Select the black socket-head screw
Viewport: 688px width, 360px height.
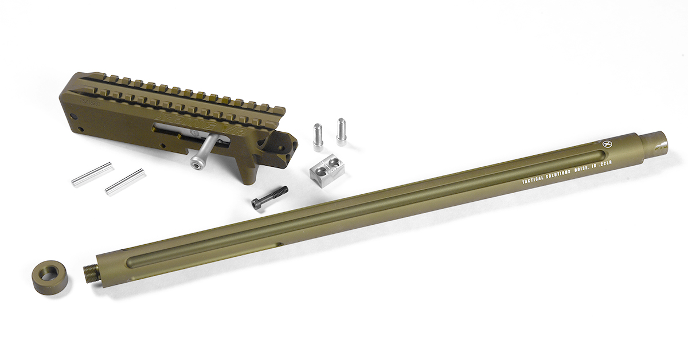(269, 197)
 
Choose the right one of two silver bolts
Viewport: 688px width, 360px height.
(342, 130)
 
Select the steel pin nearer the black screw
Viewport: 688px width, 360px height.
(124, 182)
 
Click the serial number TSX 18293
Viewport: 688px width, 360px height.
(91, 105)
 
